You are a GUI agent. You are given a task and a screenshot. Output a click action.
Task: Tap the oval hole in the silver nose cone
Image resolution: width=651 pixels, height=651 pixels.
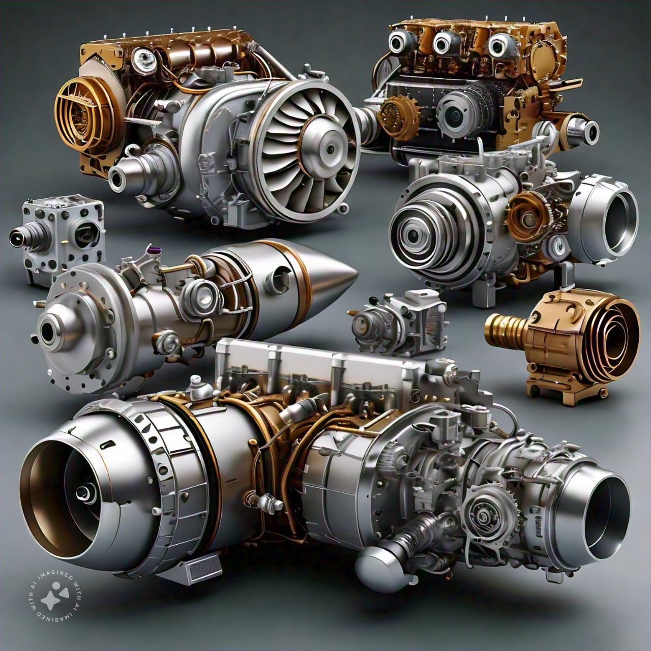279,274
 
